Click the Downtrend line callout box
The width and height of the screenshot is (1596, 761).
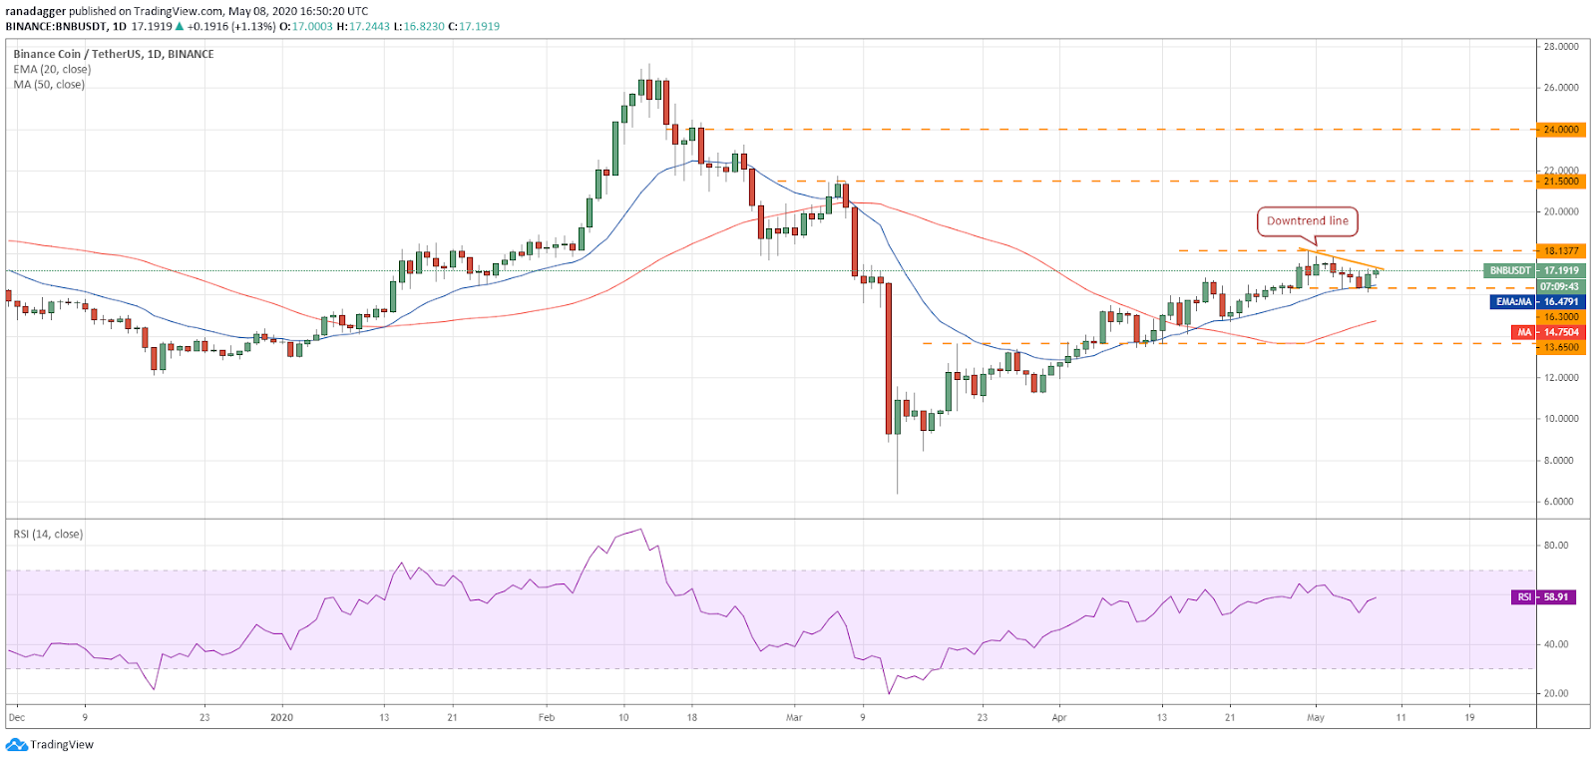coord(1307,220)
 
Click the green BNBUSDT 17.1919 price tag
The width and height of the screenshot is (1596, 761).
coord(1535,270)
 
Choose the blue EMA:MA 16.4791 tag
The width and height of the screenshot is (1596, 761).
coord(1537,302)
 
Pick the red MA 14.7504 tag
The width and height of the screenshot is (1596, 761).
coord(1548,332)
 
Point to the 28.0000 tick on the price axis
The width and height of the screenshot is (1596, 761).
coord(1561,47)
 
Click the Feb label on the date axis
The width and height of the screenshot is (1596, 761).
coord(547,717)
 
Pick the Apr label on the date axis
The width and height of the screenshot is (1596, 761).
coord(1058,717)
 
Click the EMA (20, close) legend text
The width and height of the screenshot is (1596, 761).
coord(52,69)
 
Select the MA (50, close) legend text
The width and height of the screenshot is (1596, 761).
coord(49,84)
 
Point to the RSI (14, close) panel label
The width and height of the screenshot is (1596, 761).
coord(48,534)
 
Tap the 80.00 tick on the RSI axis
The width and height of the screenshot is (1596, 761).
coord(1557,546)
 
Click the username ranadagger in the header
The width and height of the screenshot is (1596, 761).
coord(36,11)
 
